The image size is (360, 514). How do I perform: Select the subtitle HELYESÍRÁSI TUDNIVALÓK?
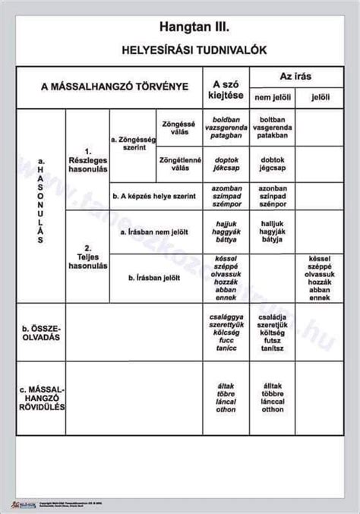tap(181, 50)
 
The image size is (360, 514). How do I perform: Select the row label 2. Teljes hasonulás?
tap(87, 257)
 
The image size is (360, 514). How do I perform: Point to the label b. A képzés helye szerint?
tap(154, 197)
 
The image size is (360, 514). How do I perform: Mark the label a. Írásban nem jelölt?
tap(155, 230)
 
